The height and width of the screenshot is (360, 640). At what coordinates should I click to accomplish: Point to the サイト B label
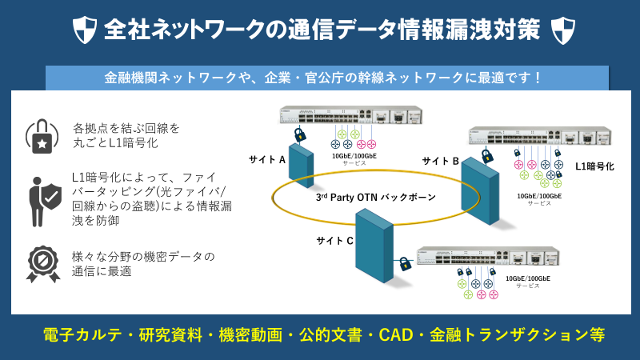click(440, 162)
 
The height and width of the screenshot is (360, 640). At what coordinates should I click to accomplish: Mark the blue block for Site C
click(374, 245)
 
